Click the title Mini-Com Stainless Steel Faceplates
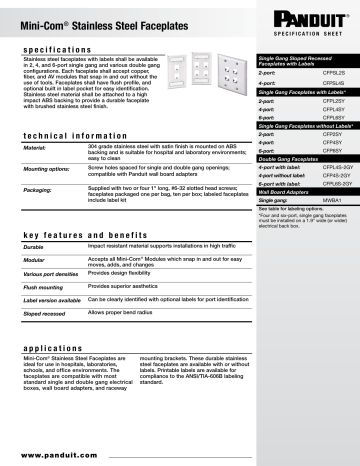click(x=88, y=18)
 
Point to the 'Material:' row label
click(x=36, y=149)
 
